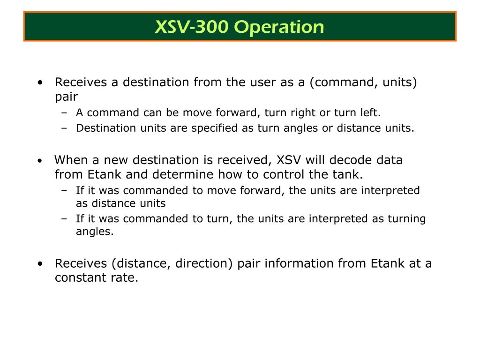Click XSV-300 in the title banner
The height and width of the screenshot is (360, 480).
(192, 27)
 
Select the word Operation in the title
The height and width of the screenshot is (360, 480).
(279, 28)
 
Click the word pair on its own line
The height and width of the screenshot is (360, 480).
(67, 97)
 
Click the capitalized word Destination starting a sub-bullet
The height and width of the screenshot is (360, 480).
(106, 128)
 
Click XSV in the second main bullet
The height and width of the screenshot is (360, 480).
(289, 160)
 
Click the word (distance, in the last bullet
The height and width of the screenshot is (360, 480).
(141, 263)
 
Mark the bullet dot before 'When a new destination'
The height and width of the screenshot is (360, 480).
(40, 160)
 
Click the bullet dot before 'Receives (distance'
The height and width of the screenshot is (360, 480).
(40, 263)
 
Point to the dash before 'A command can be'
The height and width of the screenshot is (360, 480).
(64, 113)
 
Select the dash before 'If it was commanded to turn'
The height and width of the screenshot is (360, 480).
(64, 219)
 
